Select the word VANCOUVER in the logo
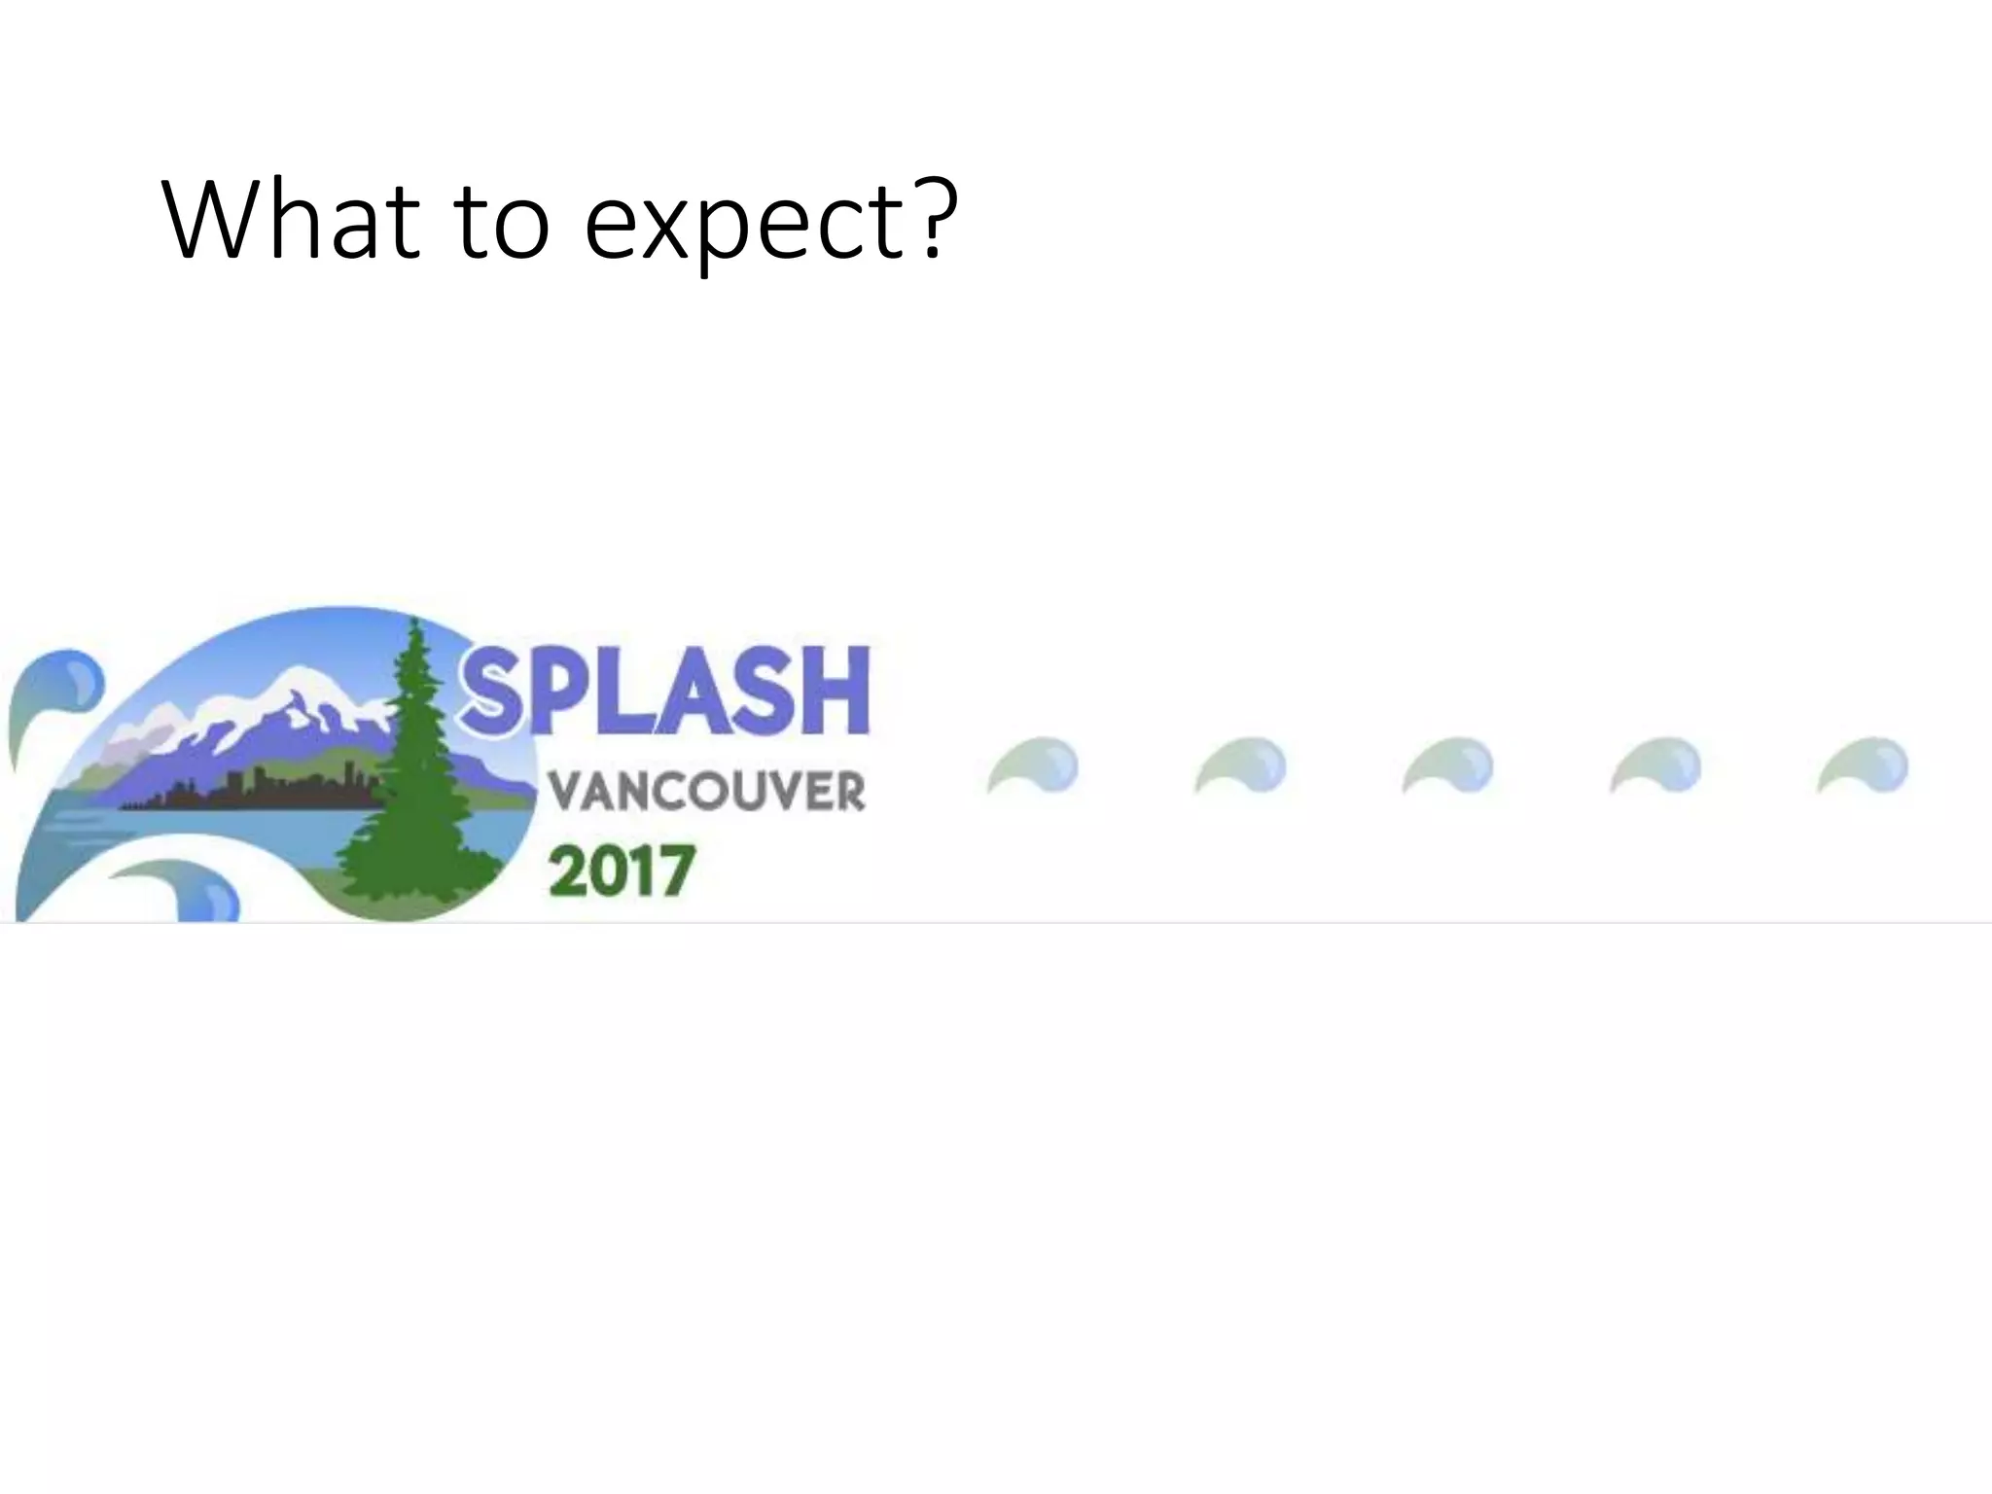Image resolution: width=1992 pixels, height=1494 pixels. point(707,792)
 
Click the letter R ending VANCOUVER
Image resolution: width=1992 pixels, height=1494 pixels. point(847,792)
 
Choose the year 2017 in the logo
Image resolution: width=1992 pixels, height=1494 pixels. point(622,870)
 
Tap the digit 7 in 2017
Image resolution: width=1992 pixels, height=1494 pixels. point(677,870)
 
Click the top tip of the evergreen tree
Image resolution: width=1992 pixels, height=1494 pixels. point(416,622)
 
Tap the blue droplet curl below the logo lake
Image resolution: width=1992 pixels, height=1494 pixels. point(195,890)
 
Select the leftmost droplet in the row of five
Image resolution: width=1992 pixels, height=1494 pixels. point(1039,765)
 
